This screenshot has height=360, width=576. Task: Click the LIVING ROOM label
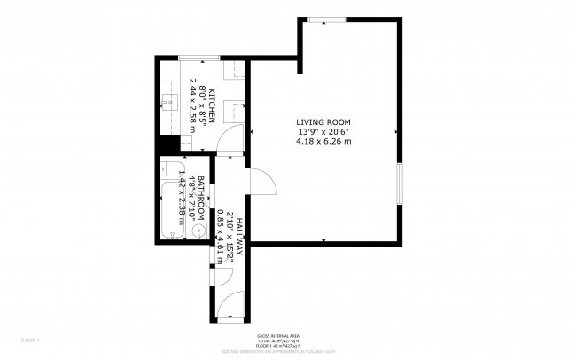point(323,122)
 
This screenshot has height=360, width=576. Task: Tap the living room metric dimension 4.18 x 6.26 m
point(323,141)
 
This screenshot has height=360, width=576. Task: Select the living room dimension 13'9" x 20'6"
point(323,132)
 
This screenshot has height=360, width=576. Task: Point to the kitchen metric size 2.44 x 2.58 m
point(192,104)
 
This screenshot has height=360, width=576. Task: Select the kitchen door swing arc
point(229,137)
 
